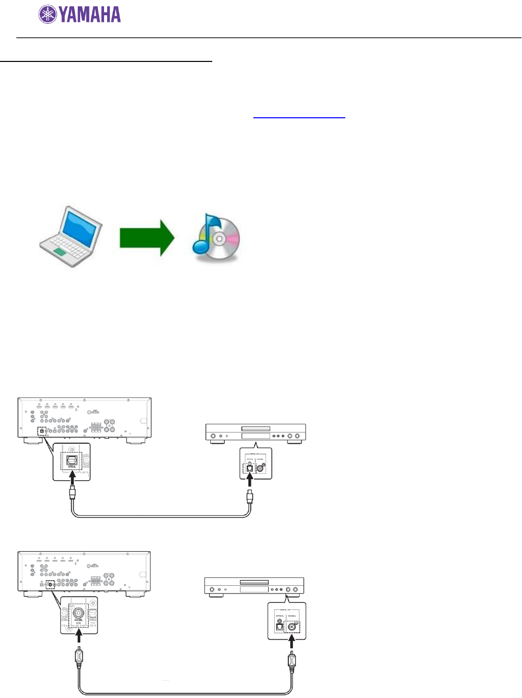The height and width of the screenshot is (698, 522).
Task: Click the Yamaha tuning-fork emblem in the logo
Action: click(48, 14)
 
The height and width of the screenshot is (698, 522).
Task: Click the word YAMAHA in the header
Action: click(90, 15)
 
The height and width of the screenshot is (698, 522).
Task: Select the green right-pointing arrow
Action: click(147, 238)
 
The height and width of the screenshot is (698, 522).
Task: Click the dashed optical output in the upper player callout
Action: click(249, 469)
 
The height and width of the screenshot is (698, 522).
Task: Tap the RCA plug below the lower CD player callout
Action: click(291, 660)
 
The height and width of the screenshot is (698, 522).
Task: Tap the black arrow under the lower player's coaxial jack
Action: click(291, 642)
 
